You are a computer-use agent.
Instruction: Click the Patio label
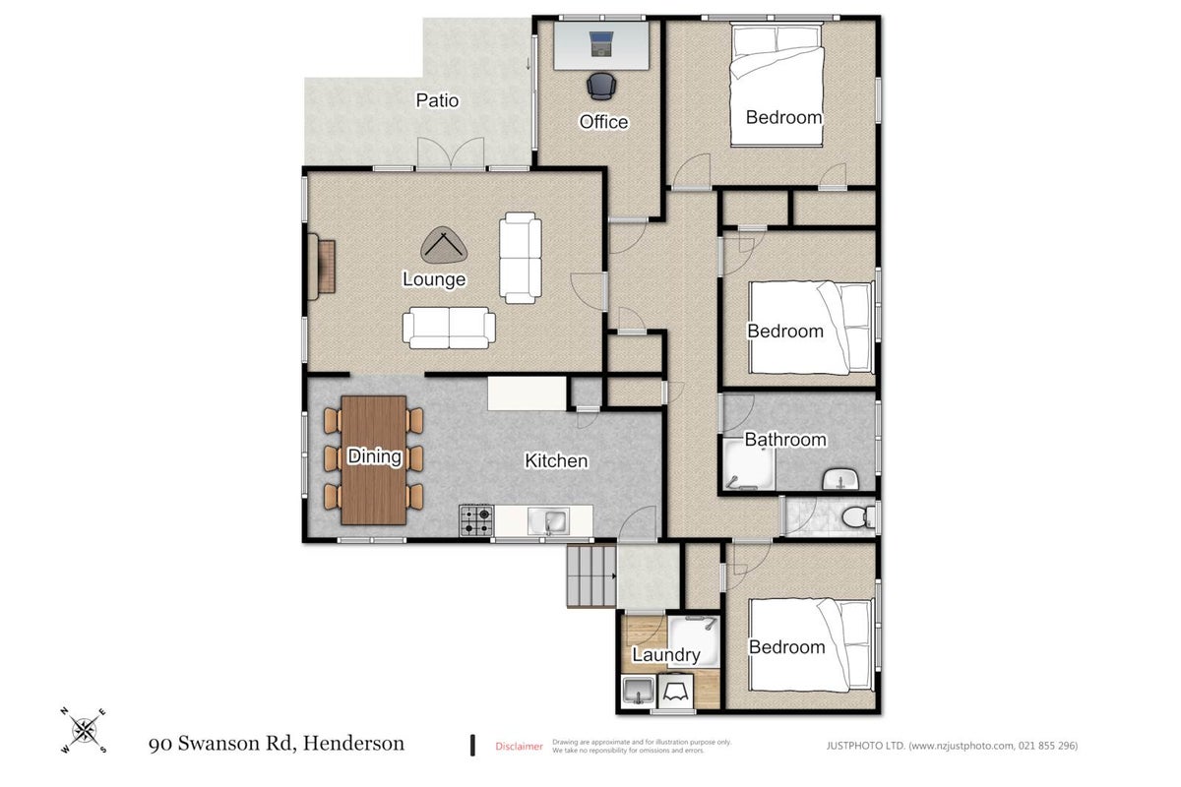coord(437,100)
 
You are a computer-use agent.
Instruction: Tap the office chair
coord(601,87)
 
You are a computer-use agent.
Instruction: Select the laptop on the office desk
coord(601,44)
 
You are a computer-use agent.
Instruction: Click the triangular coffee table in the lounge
coord(444,246)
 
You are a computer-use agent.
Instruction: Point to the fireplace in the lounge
coord(321,267)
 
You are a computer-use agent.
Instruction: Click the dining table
coord(374,460)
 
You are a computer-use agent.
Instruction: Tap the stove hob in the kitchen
coord(476,520)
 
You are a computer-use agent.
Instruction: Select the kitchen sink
coord(548,521)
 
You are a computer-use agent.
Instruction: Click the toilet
coord(858,517)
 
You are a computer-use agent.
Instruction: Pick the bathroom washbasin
coord(840,479)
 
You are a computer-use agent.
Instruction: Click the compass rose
coord(84,731)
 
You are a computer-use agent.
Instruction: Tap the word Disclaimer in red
coord(519,746)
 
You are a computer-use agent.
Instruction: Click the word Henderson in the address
coord(353,744)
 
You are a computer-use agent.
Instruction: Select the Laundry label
coord(666,655)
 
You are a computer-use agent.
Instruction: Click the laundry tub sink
coord(638,690)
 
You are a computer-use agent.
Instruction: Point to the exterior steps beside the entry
coord(591,576)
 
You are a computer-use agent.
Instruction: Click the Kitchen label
coord(556,460)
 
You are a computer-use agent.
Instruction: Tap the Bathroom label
coord(785,439)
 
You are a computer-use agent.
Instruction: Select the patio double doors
coord(451,153)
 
